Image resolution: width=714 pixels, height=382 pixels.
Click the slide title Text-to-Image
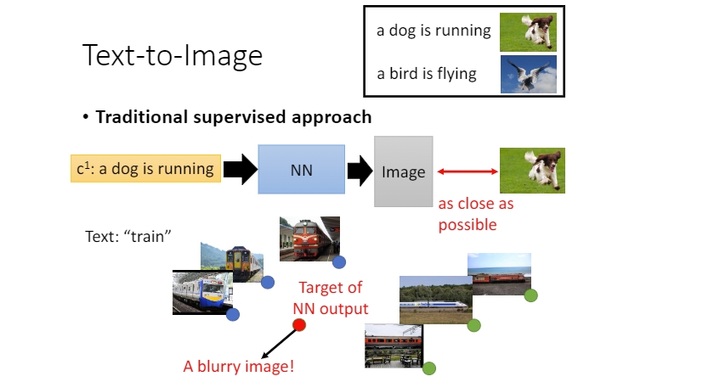pyautogui.click(x=172, y=55)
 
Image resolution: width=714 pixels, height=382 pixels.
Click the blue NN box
pyautogui.click(x=302, y=169)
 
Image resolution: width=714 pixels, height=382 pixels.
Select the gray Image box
pyautogui.click(x=404, y=171)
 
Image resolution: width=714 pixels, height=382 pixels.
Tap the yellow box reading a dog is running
pyautogui.click(x=144, y=168)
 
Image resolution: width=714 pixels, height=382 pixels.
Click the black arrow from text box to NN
pyautogui.click(x=238, y=169)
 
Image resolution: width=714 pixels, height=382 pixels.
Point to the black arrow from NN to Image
pyautogui.click(x=360, y=170)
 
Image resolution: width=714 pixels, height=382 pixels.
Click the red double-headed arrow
pyautogui.click(x=467, y=171)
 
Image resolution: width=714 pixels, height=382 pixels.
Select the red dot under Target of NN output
pyautogui.click(x=299, y=325)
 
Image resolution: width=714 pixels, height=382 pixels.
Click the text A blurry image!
pyautogui.click(x=239, y=367)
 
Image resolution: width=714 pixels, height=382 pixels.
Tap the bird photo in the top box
pyautogui.click(x=528, y=74)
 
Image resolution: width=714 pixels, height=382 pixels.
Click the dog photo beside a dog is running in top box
pyautogui.click(x=528, y=31)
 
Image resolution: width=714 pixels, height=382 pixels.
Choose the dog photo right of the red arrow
pyautogui.click(x=532, y=170)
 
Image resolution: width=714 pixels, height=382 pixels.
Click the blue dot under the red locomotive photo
pyautogui.click(x=339, y=261)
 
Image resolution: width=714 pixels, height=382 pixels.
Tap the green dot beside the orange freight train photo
pyautogui.click(x=530, y=295)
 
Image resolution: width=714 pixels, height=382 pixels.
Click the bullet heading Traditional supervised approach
pyautogui.click(x=232, y=116)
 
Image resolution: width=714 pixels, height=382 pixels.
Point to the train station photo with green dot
pyautogui.click(x=394, y=345)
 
